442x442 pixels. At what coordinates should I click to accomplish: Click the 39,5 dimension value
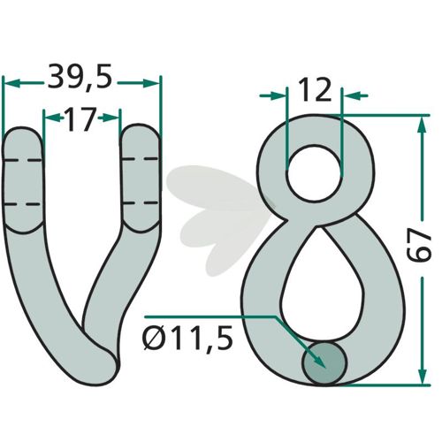tap(80, 78)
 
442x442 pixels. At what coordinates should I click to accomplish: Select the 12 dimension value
tap(315, 90)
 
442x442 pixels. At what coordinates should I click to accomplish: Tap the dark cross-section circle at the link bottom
tap(324, 363)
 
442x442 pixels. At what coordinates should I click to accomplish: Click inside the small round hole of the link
tap(314, 174)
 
